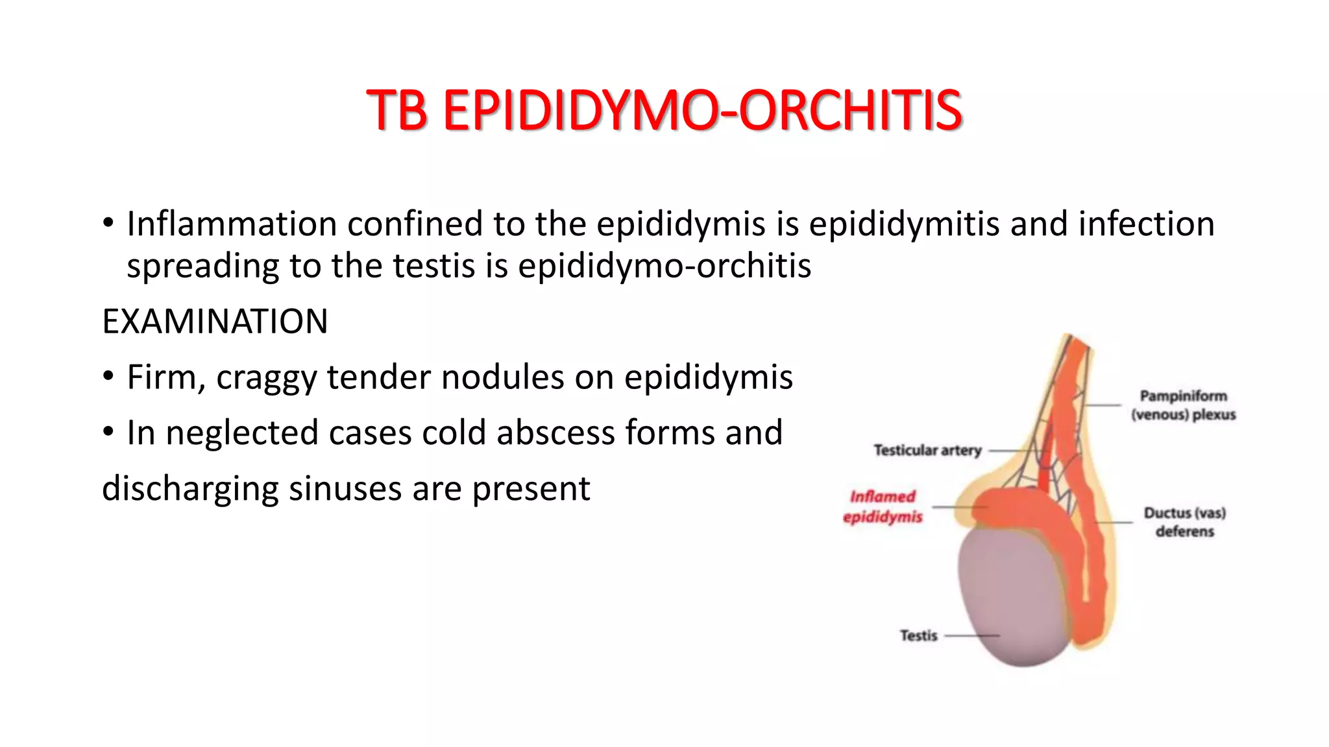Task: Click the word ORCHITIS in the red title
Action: click(850, 110)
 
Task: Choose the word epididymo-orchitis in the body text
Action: click(664, 266)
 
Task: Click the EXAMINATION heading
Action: click(215, 322)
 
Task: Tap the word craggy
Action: click(266, 378)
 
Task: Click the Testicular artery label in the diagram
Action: click(927, 450)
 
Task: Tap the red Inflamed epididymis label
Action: click(883, 506)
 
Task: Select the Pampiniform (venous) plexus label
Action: click(1184, 405)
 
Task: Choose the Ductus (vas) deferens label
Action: click(1184, 522)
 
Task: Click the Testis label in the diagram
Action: click(918, 635)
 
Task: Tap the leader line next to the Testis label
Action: click(971, 636)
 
